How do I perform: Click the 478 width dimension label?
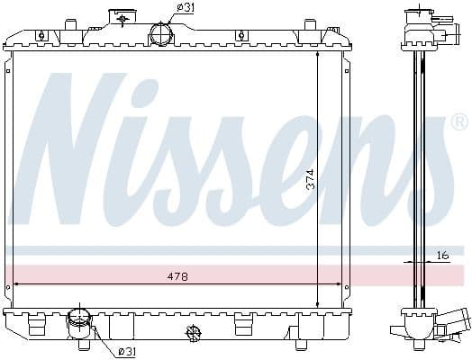tap(177, 277)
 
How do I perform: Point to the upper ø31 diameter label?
tap(186, 7)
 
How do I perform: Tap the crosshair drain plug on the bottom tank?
tap(193, 333)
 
